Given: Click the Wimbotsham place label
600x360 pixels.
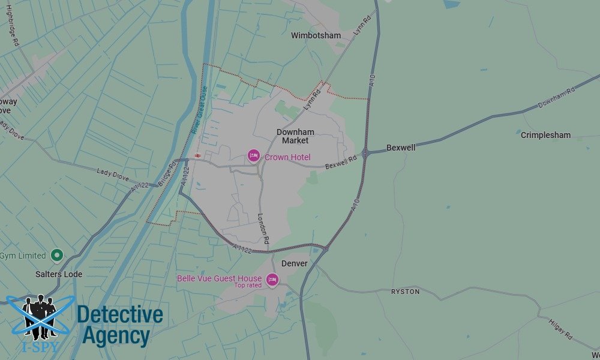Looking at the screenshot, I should click(316, 35).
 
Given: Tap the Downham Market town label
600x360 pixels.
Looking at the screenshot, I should click(295, 136).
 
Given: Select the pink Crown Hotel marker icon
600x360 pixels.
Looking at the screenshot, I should click(254, 157).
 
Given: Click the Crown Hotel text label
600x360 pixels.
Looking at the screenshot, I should click(287, 157).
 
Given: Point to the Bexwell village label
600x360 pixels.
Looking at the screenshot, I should click(401, 147).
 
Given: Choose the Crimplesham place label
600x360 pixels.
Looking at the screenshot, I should click(545, 135).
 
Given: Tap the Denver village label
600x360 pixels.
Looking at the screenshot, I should click(294, 263).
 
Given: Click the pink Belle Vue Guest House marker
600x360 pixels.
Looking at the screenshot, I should click(272, 280).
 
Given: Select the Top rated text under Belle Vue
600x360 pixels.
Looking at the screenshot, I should click(248, 286).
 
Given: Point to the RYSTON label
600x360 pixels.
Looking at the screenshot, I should click(405, 292).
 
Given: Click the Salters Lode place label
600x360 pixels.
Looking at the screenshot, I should click(59, 274).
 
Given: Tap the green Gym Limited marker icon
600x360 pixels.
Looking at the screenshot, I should click(57, 256).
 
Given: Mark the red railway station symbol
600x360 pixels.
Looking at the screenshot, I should click(197, 156).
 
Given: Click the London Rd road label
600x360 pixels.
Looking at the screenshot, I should click(263, 229).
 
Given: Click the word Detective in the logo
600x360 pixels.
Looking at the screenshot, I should click(119, 314).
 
